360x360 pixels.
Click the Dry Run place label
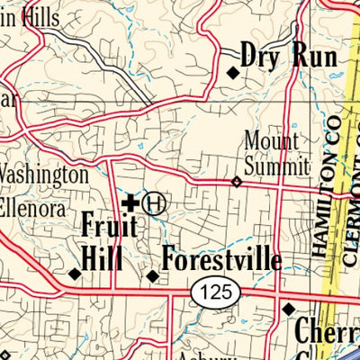[289, 57]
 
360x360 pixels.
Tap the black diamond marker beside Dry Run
[232, 74]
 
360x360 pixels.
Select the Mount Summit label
[276, 153]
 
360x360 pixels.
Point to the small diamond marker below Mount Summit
[237, 181]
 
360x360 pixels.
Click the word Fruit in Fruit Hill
[109, 225]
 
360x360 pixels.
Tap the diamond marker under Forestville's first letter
[153, 275]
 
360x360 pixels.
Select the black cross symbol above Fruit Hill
[130, 203]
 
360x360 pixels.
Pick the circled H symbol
[155, 203]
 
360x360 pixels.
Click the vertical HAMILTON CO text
[325, 184]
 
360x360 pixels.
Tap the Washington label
[45, 175]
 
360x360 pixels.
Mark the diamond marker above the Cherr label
[288, 309]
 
